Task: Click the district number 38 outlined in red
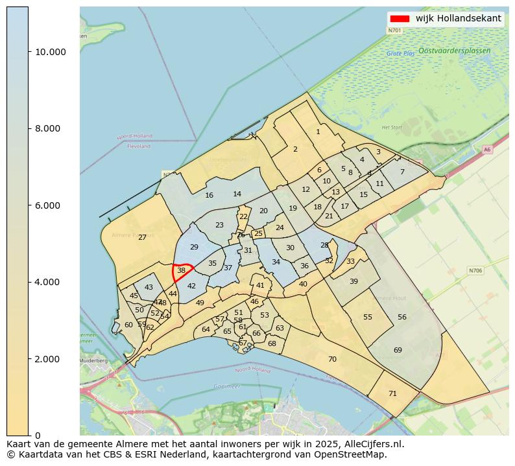point(181,270)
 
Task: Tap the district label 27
point(142,238)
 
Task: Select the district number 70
point(332,359)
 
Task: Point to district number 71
point(392,393)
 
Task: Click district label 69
point(398,350)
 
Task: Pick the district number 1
point(318,132)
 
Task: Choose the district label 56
point(402,317)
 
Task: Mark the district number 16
point(209,195)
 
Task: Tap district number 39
point(353,281)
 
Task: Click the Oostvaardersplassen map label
point(454,50)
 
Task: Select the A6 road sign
point(487,150)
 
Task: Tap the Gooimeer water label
point(226,386)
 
